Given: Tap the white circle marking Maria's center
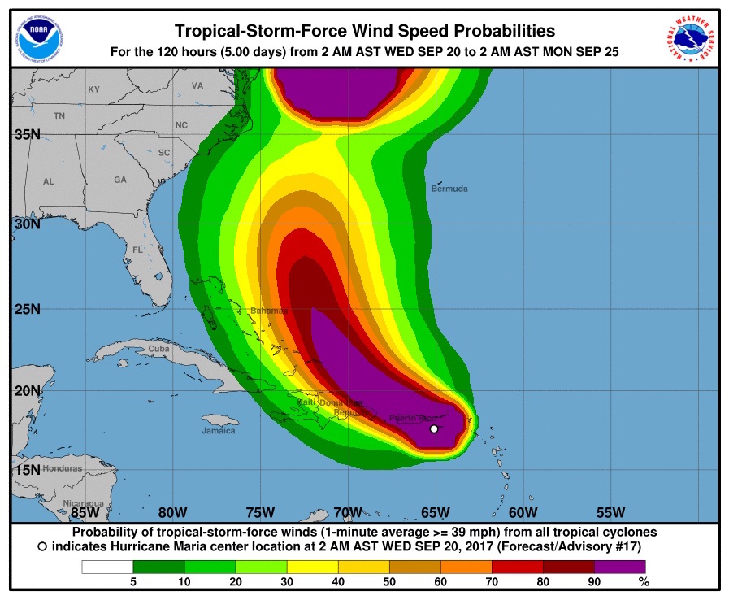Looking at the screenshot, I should tap(434, 428).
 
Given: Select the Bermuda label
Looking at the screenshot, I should tap(451, 189).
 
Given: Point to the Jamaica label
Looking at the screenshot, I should tap(219, 431).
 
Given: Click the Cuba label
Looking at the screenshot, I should tap(158, 349).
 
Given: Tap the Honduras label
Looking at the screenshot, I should tap(63, 469).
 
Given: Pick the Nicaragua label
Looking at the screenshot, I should tap(84, 503).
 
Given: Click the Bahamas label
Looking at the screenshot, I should tap(268, 311).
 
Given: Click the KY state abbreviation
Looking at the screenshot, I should tap(93, 89).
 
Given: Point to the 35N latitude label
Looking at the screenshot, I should tap(27, 134).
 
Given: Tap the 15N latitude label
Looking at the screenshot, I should tap(27, 470).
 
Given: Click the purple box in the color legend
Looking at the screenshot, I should tap(619, 567).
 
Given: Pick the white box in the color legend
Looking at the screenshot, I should tap(107, 567).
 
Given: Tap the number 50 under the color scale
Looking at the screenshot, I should tap(389, 581).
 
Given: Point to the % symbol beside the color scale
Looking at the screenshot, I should tap(644, 581).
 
